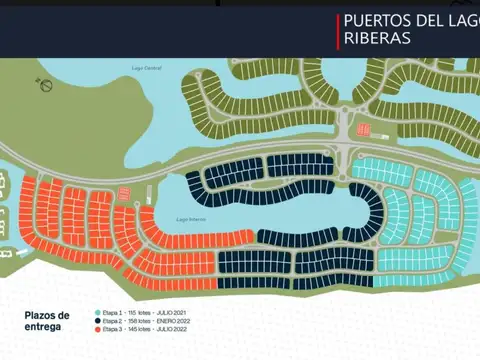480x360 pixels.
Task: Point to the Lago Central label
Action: tap(146, 67)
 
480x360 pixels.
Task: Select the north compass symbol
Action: tap(46, 85)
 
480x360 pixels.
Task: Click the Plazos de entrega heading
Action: tap(48, 319)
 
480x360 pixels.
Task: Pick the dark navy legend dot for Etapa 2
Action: tap(97, 321)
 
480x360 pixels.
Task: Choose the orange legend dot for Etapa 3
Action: tap(97, 328)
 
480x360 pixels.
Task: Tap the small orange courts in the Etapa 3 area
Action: tap(123, 193)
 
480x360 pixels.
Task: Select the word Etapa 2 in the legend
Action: tap(111, 321)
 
